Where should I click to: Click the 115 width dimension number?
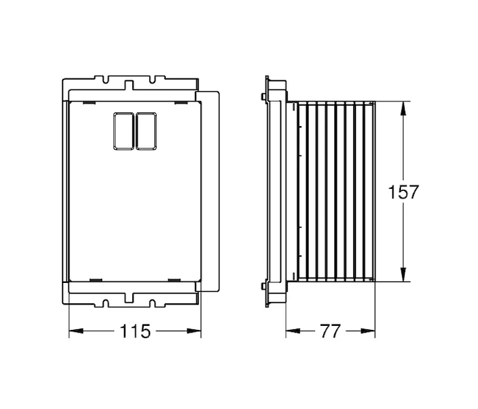coord(135,331)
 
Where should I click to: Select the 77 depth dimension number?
coord(330,331)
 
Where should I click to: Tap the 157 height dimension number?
coord(403,192)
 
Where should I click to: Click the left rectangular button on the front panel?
coord(123,131)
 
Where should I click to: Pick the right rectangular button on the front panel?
coord(147,131)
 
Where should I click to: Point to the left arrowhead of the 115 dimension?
coord(76,331)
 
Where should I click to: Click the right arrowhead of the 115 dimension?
coord(194,331)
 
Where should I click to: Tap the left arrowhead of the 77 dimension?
coord(293,331)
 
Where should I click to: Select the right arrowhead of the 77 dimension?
coord(368,331)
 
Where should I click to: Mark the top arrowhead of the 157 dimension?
coord(403,108)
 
